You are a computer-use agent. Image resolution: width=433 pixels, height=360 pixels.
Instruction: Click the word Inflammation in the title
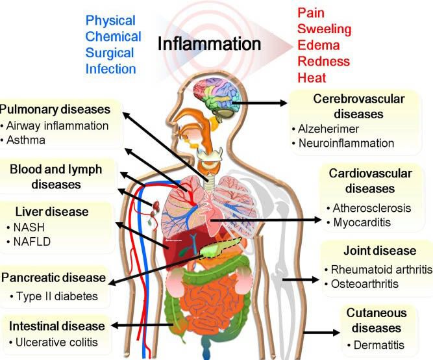pyautogui.click(x=209, y=44)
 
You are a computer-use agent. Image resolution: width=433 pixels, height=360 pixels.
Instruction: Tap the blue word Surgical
pyautogui.click(x=110, y=53)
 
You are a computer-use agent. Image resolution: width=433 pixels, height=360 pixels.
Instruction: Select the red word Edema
pyautogui.click(x=318, y=45)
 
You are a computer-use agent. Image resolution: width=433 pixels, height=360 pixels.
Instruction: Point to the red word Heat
pyautogui.click(x=312, y=78)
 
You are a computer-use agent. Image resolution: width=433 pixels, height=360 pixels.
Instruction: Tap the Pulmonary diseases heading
pyautogui.click(x=55, y=109)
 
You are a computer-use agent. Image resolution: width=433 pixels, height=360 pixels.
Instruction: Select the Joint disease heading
pyautogui.click(x=380, y=251)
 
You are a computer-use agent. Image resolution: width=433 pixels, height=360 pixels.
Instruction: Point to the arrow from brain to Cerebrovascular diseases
pyautogui.click(x=260, y=103)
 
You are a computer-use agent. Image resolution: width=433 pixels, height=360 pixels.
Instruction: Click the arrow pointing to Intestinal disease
pyautogui.click(x=142, y=325)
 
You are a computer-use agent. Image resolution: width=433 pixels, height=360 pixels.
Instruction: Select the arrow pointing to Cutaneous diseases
pyautogui.click(x=322, y=332)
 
